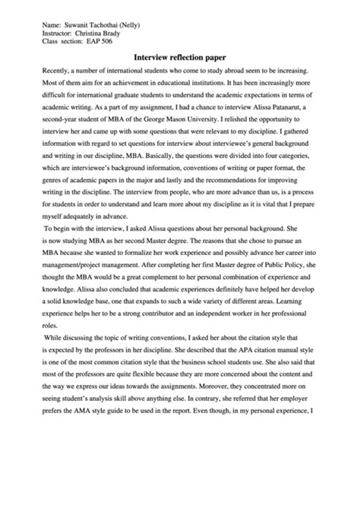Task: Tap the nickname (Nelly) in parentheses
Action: click(145, 25)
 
